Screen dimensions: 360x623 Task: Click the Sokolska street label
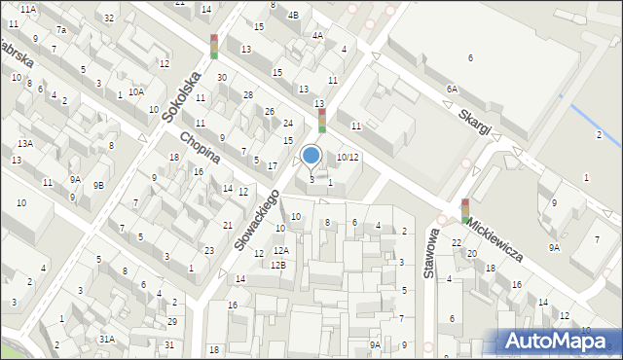pos(182,98)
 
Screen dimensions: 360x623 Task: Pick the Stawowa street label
pos(429,255)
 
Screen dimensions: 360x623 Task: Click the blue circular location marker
pos(311,155)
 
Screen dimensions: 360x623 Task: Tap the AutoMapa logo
pos(558,341)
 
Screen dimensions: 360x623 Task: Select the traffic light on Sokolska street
pos(214,46)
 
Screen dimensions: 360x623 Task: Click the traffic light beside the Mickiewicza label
pos(465,210)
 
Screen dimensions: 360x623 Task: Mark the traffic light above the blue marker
pos(321,121)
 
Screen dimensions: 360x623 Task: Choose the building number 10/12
pos(348,157)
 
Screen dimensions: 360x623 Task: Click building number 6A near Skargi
pos(452,89)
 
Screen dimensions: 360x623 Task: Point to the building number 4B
pos(293,15)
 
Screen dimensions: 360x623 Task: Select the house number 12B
pos(278,265)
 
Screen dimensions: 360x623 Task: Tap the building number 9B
pos(98,185)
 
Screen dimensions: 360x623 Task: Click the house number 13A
pos(24,144)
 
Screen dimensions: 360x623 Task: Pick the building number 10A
pos(136,91)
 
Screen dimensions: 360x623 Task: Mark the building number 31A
pos(106,339)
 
